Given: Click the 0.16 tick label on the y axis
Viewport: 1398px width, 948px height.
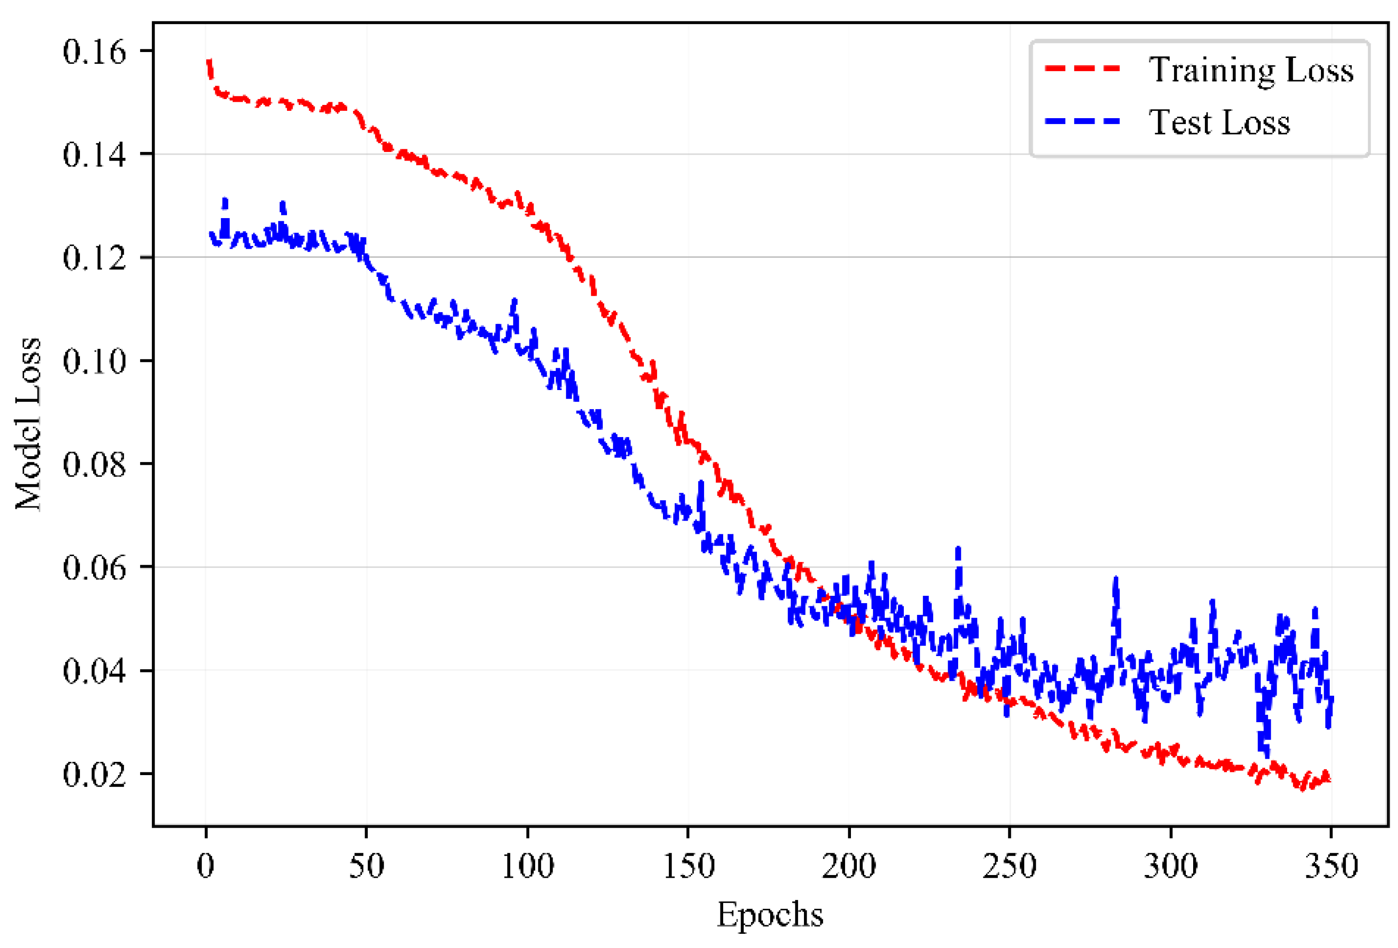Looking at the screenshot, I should pyautogui.click(x=94, y=52).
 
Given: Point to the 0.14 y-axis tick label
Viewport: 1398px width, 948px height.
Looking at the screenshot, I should pyautogui.click(x=94, y=155).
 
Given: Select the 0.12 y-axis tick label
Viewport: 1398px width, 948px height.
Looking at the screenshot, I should pyautogui.click(x=94, y=258).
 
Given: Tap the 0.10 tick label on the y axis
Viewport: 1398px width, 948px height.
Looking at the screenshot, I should pyautogui.click(x=94, y=361).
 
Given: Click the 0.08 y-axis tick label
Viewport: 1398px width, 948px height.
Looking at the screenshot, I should pyautogui.click(x=94, y=464).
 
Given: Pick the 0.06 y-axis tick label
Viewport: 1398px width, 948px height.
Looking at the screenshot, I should pyautogui.click(x=94, y=567).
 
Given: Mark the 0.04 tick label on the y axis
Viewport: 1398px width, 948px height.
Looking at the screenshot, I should pyautogui.click(x=94, y=671).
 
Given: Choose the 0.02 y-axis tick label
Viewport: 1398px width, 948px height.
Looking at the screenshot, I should pyautogui.click(x=94, y=774).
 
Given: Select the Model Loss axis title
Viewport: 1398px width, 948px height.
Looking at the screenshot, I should pyautogui.click(x=28, y=424).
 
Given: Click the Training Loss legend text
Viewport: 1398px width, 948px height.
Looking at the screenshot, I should pyautogui.click(x=1251, y=70).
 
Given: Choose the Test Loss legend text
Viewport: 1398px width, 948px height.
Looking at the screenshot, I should pyautogui.click(x=1219, y=123).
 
